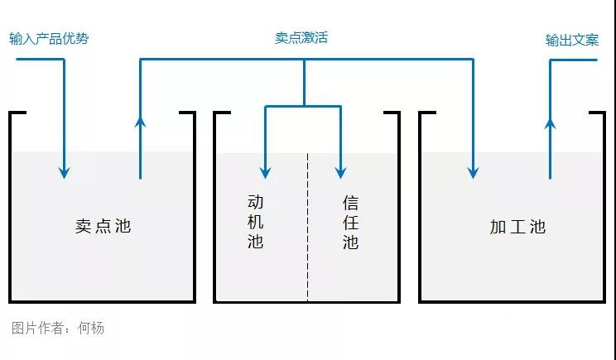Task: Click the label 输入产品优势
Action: pyautogui.click(x=49, y=39)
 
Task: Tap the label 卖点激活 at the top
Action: pyautogui.click(x=301, y=38)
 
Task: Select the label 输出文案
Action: pyautogui.click(x=571, y=40)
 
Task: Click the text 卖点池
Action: pyautogui.click(x=103, y=226)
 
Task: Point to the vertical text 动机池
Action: pyautogui.click(x=255, y=221)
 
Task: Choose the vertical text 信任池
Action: pyautogui.click(x=350, y=221)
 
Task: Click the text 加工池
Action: pyautogui.click(x=517, y=227)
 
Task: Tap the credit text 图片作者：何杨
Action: pyautogui.click(x=58, y=328)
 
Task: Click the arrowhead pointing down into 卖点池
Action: pyautogui.click(x=64, y=172)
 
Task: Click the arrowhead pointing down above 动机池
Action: pyautogui.click(x=265, y=172)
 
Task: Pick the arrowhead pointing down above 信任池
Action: pyautogui.click(x=340, y=172)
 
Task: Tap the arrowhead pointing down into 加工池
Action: pyautogui.click(x=473, y=172)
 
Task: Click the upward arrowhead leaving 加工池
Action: pyautogui.click(x=549, y=122)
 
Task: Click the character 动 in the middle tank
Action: pyautogui.click(x=255, y=201)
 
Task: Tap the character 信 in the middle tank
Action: pyautogui.click(x=350, y=201)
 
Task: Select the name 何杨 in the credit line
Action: pyautogui.click(x=91, y=328)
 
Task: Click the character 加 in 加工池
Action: pyautogui.click(x=498, y=227)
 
